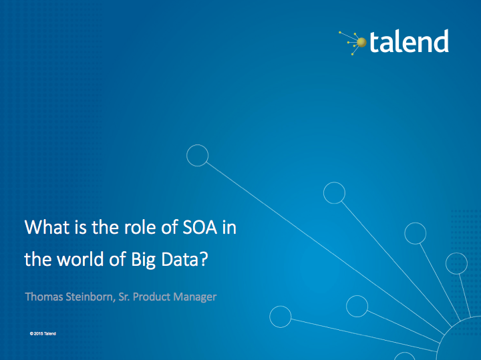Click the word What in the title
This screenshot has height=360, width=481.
(47, 227)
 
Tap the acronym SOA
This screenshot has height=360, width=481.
(200, 228)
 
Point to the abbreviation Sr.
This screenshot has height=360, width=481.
(124, 297)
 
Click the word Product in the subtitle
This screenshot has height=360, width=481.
(152, 297)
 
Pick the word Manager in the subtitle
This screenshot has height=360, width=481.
(195, 297)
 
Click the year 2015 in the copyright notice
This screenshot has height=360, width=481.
(38, 334)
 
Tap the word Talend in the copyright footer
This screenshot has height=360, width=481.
(50, 334)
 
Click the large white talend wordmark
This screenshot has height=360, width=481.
(410, 41)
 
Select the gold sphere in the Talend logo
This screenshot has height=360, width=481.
(361, 42)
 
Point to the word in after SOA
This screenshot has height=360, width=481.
(229, 228)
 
